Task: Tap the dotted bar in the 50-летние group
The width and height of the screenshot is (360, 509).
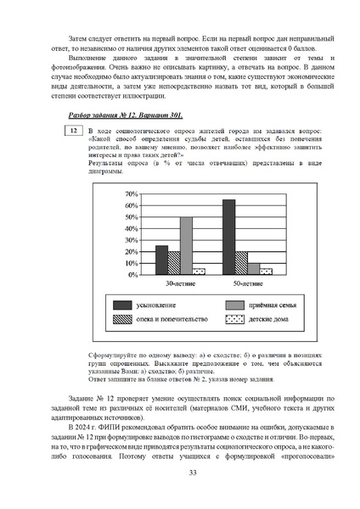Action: click(x=266, y=271)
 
